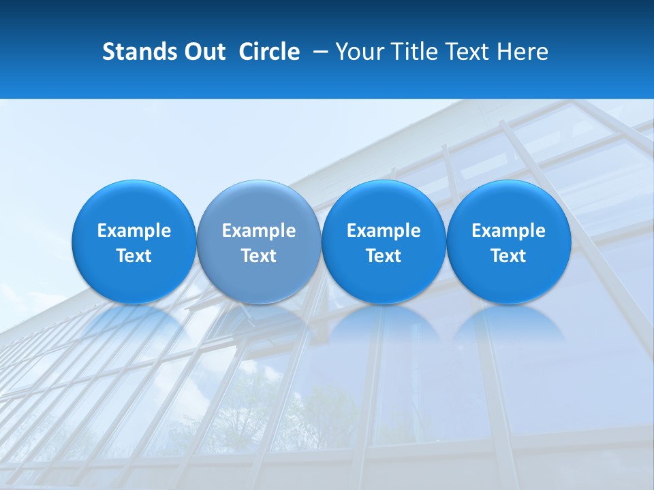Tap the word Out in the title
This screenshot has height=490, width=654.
tap(204, 52)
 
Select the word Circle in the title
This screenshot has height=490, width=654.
tap(269, 52)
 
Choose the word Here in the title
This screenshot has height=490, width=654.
tap(523, 52)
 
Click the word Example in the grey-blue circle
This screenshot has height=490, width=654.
tap(259, 231)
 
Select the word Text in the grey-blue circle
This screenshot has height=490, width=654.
tap(259, 256)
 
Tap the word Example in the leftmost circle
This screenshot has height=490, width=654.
tap(134, 231)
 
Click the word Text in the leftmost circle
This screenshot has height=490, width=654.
tap(134, 256)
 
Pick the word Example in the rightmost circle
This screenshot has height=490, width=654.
tap(508, 231)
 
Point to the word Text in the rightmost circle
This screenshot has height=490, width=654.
tap(508, 256)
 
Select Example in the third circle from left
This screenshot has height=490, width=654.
tap(384, 231)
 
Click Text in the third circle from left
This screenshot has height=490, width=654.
tap(384, 256)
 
